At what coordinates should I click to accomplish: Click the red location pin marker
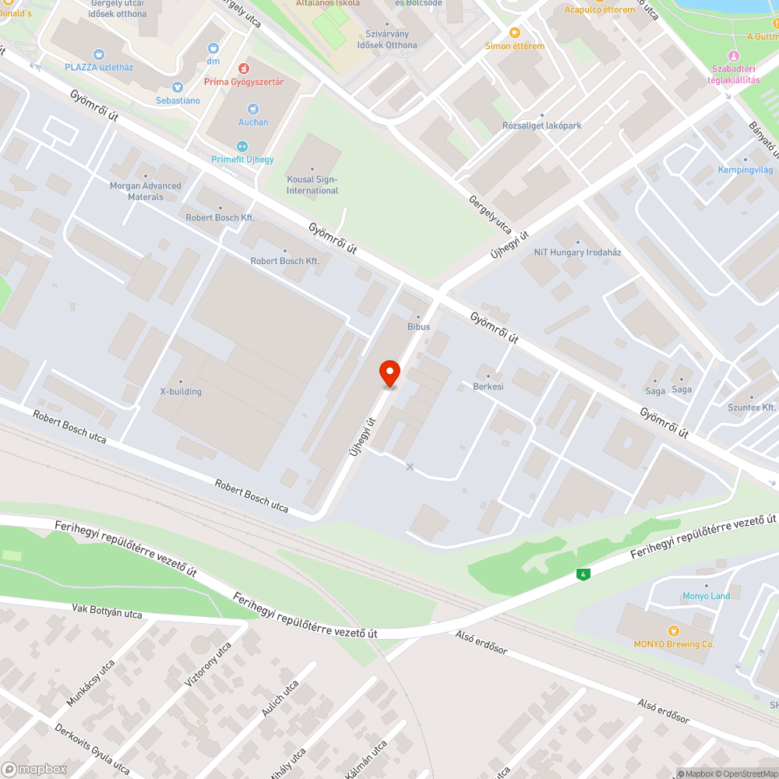coord(389,373)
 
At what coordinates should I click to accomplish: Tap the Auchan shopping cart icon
coord(253,109)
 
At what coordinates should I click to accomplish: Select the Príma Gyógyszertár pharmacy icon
coord(244,69)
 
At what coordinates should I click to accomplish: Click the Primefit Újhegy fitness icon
coord(241,146)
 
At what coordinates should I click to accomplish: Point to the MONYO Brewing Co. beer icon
coord(674,630)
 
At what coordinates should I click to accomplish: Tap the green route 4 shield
coord(582,575)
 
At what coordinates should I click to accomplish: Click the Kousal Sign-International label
coord(312,185)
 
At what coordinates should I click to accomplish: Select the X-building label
coord(181,391)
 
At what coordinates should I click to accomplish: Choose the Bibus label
coord(418,326)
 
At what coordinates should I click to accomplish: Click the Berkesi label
coord(488,386)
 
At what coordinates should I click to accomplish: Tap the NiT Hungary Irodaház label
coord(577,252)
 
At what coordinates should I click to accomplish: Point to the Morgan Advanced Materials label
coord(146,191)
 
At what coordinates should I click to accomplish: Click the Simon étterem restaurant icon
coord(514,32)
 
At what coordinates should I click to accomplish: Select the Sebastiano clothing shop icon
coord(178,87)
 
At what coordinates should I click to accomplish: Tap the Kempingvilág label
coord(745,169)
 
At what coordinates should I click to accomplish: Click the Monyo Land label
coord(706,596)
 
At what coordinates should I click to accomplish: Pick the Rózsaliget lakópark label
coord(542,125)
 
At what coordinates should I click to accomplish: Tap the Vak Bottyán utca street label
coord(107,611)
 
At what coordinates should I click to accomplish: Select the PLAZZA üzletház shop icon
coord(98,54)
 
